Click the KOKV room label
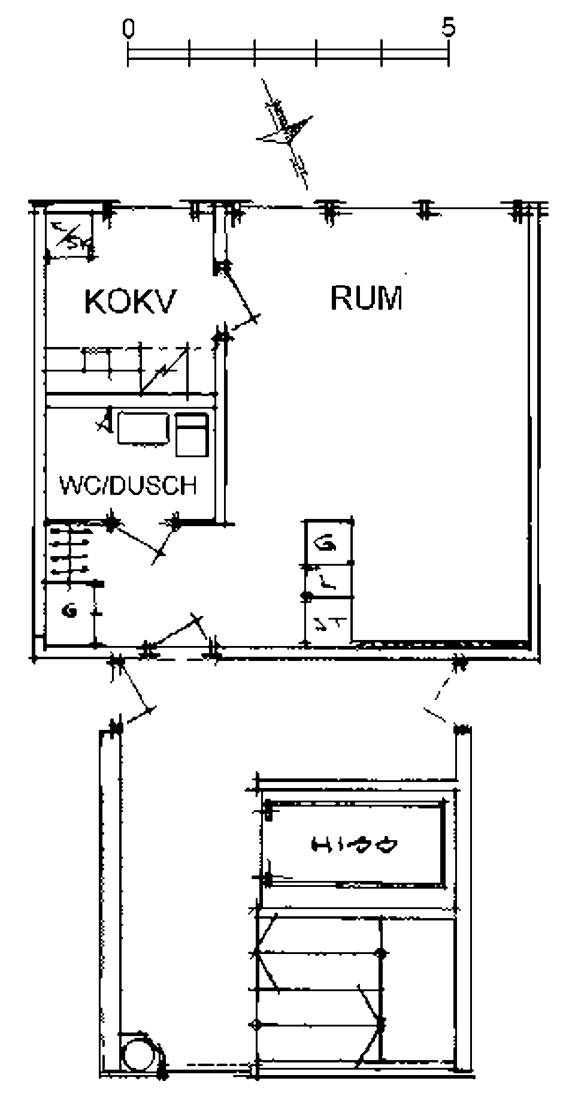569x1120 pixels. coord(131,301)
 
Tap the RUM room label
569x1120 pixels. coord(366,298)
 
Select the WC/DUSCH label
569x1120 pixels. coord(128,485)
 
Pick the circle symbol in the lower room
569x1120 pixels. coord(139,1054)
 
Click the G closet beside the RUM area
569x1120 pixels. coord(328,543)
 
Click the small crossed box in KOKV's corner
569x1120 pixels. coord(69,238)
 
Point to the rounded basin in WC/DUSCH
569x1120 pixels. coord(143,428)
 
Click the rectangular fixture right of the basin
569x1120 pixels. coord(192,434)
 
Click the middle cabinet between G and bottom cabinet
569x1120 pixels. coord(328,581)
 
